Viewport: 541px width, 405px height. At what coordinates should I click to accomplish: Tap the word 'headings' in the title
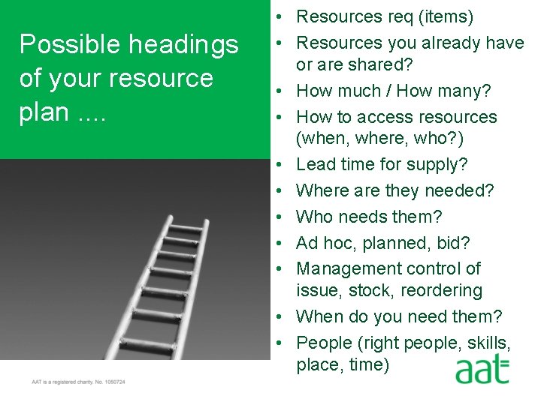pyautogui.click(x=183, y=45)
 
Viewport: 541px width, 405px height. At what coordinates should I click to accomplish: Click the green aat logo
pyautogui.click(x=481, y=370)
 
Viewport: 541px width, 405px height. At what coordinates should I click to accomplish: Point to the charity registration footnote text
pyautogui.click(x=78, y=382)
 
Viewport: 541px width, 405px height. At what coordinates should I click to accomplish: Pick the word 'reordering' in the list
pyautogui.click(x=443, y=290)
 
